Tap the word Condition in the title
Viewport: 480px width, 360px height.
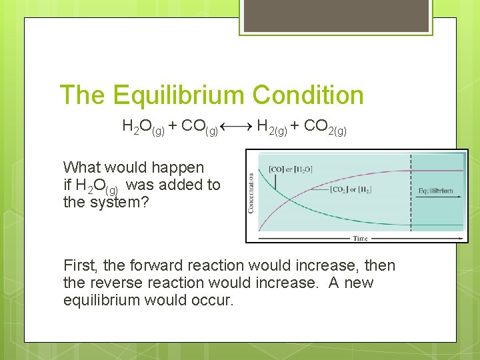point(309,95)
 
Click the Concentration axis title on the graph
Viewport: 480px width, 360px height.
point(251,193)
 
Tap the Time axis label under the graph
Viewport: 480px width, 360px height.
point(360,237)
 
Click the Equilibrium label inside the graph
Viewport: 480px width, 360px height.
point(435,191)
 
